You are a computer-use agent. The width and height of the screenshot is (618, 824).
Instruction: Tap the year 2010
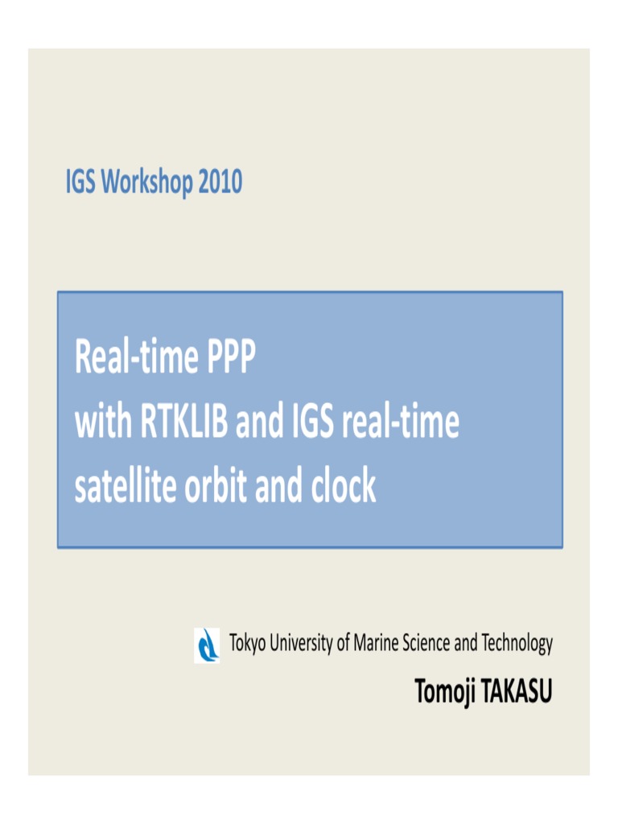tap(220, 183)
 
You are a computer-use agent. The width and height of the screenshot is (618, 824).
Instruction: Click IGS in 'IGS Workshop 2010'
tap(80, 183)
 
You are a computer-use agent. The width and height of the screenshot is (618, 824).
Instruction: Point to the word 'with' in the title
tap(100, 424)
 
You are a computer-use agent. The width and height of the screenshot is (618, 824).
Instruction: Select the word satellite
tap(126, 487)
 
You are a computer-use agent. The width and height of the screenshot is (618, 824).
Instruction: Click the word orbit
tap(220, 487)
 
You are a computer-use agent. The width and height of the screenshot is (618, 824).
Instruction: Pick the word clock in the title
tap(345, 487)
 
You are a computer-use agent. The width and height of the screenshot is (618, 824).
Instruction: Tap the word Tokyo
tap(248, 644)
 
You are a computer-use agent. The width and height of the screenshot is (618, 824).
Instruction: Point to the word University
tap(300, 644)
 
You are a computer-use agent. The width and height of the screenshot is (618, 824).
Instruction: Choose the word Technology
tap(517, 644)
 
